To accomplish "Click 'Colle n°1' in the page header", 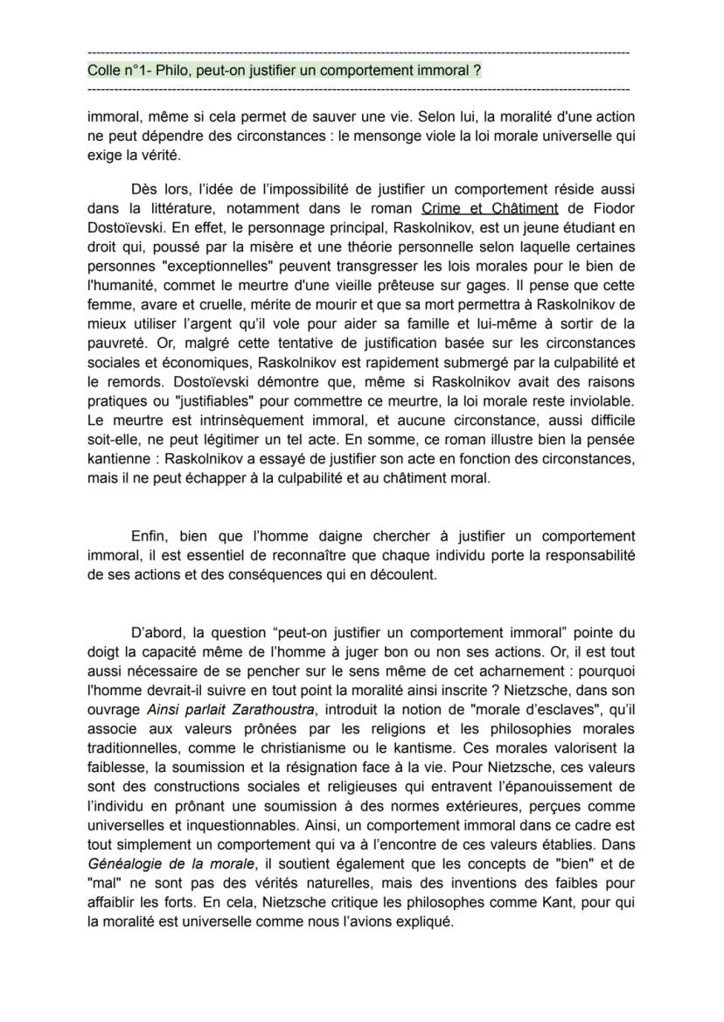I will (115, 70).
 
